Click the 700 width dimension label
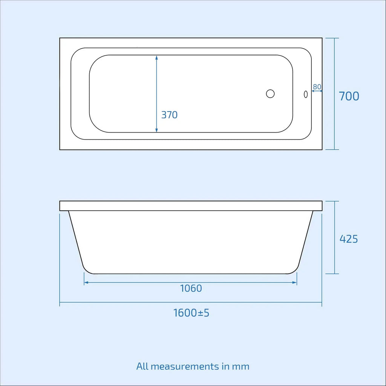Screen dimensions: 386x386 (349, 96)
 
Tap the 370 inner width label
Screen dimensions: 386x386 (169, 115)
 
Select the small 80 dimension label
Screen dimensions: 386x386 (317, 87)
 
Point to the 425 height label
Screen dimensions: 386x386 (349, 239)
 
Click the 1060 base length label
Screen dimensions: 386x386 (191, 288)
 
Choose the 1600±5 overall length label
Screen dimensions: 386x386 (191, 313)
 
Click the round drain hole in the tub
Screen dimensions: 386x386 (270, 94)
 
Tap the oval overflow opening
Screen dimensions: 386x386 (306, 94)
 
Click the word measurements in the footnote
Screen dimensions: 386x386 (185, 366)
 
